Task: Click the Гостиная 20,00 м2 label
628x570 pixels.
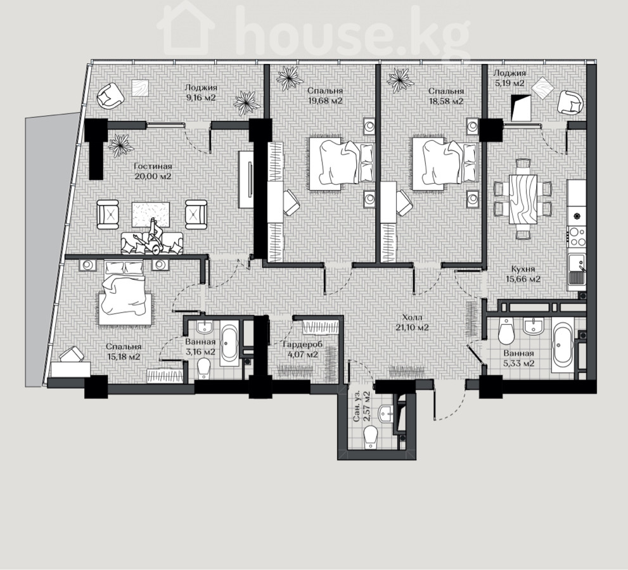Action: tap(153, 171)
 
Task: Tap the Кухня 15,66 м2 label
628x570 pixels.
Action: tap(523, 274)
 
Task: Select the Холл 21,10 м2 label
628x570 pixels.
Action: tap(412, 322)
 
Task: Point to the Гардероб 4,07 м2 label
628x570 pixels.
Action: tap(303, 350)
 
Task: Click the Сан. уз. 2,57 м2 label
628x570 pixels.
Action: tap(361, 407)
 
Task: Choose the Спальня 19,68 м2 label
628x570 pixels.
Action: tap(325, 96)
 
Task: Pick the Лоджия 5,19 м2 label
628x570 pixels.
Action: tap(509, 78)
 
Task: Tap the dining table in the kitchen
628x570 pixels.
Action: tap(523, 199)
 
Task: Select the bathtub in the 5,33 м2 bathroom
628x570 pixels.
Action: tap(563, 345)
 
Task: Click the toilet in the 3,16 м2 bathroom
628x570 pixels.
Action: tap(204, 368)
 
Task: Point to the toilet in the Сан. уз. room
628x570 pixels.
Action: tap(371, 436)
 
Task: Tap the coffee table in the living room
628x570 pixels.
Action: tap(151, 215)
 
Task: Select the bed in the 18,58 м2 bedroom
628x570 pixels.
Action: tap(444, 163)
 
